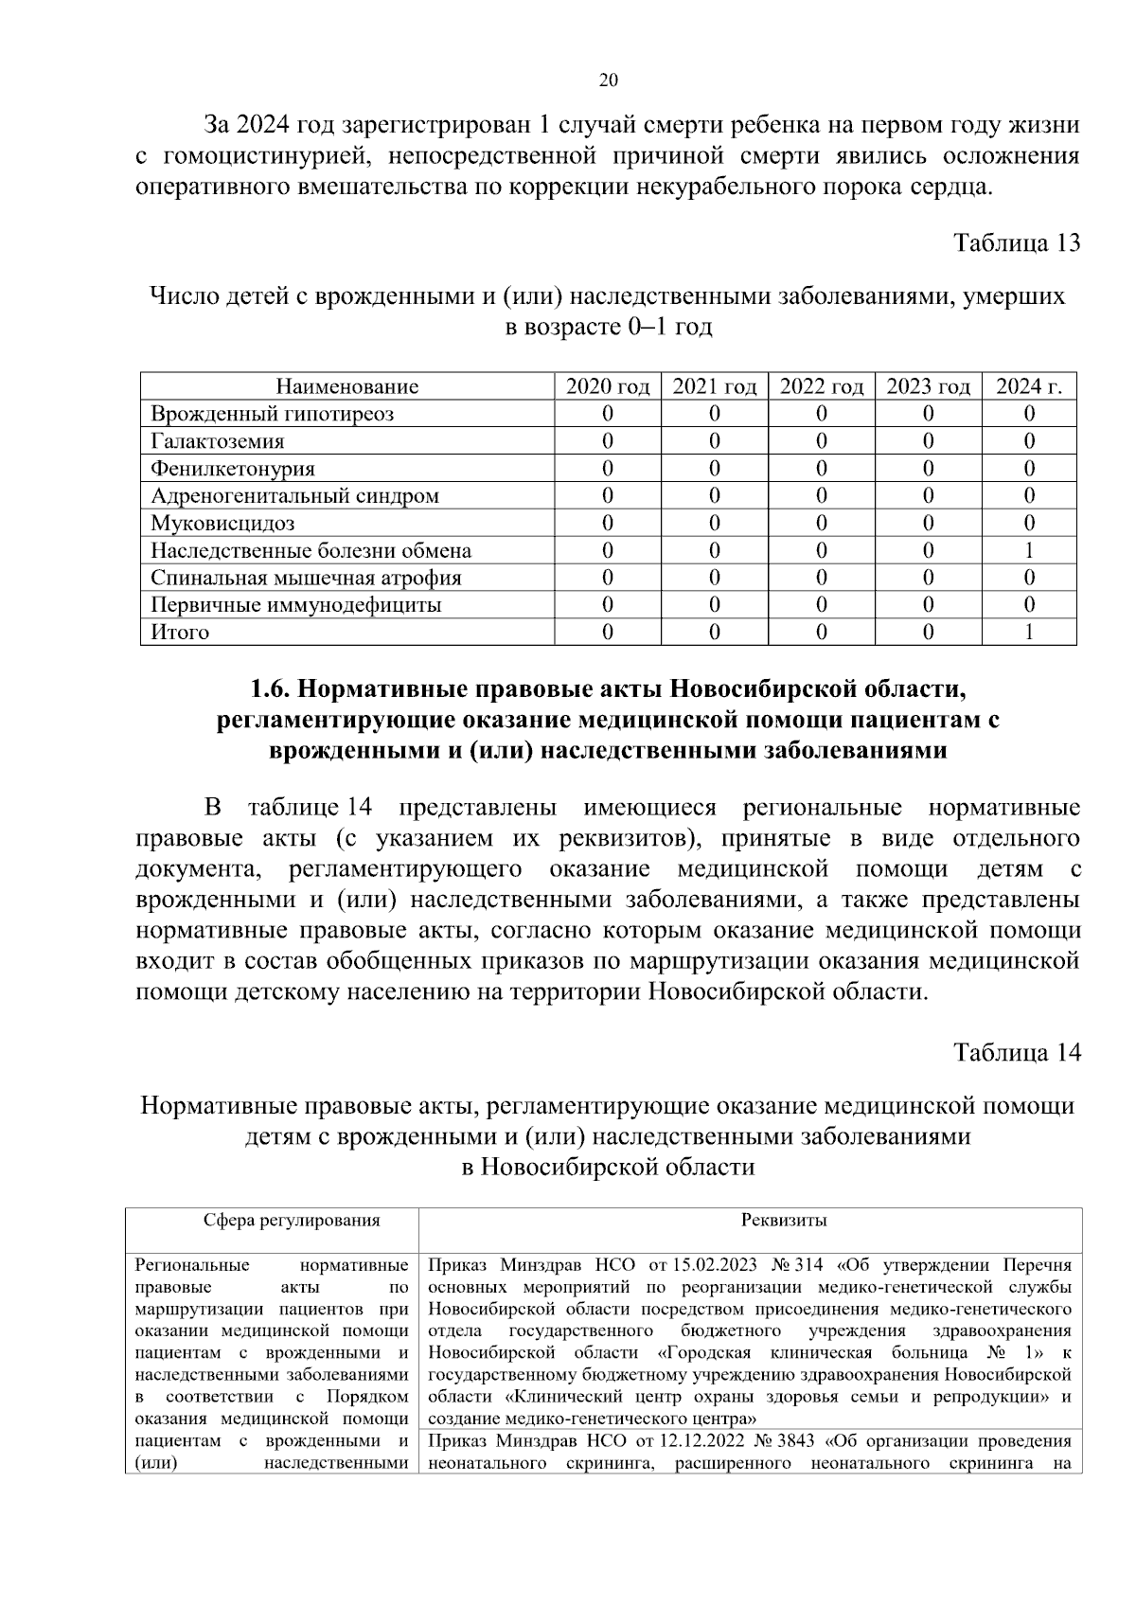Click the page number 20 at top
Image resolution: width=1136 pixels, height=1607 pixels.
tap(609, 81)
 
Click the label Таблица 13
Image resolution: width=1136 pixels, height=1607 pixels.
tap(1017, 243)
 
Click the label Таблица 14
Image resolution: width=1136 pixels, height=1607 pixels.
tap(1017, 1053)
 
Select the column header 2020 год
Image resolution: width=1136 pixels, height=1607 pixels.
tap(608, 386)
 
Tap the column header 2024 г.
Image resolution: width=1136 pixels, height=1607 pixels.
tap(1029, 386)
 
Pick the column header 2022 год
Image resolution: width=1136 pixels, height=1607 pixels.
tap(821, 386)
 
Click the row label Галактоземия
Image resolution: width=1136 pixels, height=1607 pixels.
tap(217, 441)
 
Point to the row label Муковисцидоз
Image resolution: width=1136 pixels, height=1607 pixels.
tap(222, 524)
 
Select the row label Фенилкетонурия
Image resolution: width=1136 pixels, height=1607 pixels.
tap(233, 469)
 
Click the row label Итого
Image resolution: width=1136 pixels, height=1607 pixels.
tap(180, 633)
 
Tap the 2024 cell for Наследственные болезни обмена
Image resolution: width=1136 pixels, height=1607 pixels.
tap(1029, 551)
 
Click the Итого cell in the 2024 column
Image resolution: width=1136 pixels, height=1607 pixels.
tap(1029, 633)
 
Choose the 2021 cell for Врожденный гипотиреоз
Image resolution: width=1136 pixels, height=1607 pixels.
tap(715, 414)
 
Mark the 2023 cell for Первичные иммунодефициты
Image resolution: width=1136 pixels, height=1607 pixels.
tap(928, 605)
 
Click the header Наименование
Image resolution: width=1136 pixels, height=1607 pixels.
tap(346, 386)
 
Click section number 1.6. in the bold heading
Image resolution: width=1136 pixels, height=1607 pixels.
tap(274, 688)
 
